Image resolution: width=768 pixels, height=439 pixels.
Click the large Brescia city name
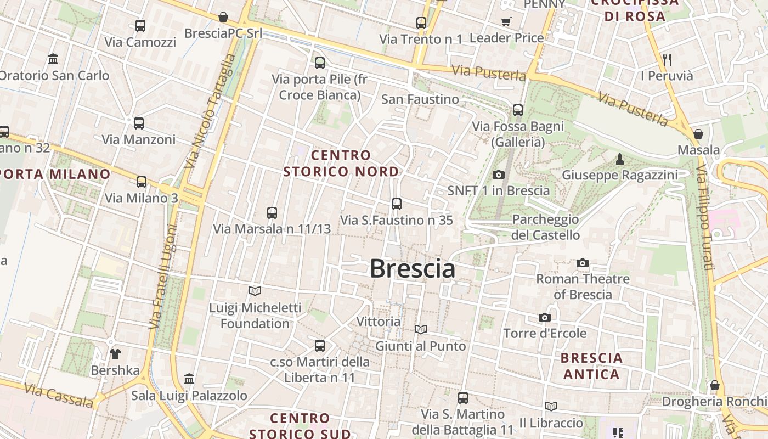click(x=413, y=269)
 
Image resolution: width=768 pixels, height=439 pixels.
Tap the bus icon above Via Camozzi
click(x=140, y=25)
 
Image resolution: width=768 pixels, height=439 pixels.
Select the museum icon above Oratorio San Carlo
click(x=53, y=59)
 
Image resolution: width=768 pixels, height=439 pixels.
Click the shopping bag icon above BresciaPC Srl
click(x=223, y=17)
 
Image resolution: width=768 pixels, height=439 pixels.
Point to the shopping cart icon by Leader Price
click(x=506, y=21)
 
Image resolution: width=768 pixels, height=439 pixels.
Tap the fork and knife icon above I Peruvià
click(x=667, y=59)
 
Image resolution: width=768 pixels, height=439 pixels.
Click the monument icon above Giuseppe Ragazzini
click(x=620, y=159)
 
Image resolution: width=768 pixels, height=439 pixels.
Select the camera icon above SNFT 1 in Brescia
click(x=498, y=175)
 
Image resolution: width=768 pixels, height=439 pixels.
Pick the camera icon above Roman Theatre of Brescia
click(x=583, y=263)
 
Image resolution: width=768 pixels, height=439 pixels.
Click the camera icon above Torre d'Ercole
click(x=545, y=317)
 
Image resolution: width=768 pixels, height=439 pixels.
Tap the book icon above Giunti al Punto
click(x=421, y=329)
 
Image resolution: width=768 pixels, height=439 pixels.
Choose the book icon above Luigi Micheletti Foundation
click(x=255, y=291)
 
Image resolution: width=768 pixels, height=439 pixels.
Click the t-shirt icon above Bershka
click(x=115, y=353)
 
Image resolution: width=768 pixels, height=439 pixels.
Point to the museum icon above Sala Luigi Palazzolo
click(x=189, y=379)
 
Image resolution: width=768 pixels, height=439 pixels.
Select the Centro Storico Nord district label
click(x=341, y=164)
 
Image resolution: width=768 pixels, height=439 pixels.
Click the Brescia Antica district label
click(x=591, y=366)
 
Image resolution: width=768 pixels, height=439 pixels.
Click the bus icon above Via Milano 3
click(x=142, y=182)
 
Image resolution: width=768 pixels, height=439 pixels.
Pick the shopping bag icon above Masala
click(x=698, y=133)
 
